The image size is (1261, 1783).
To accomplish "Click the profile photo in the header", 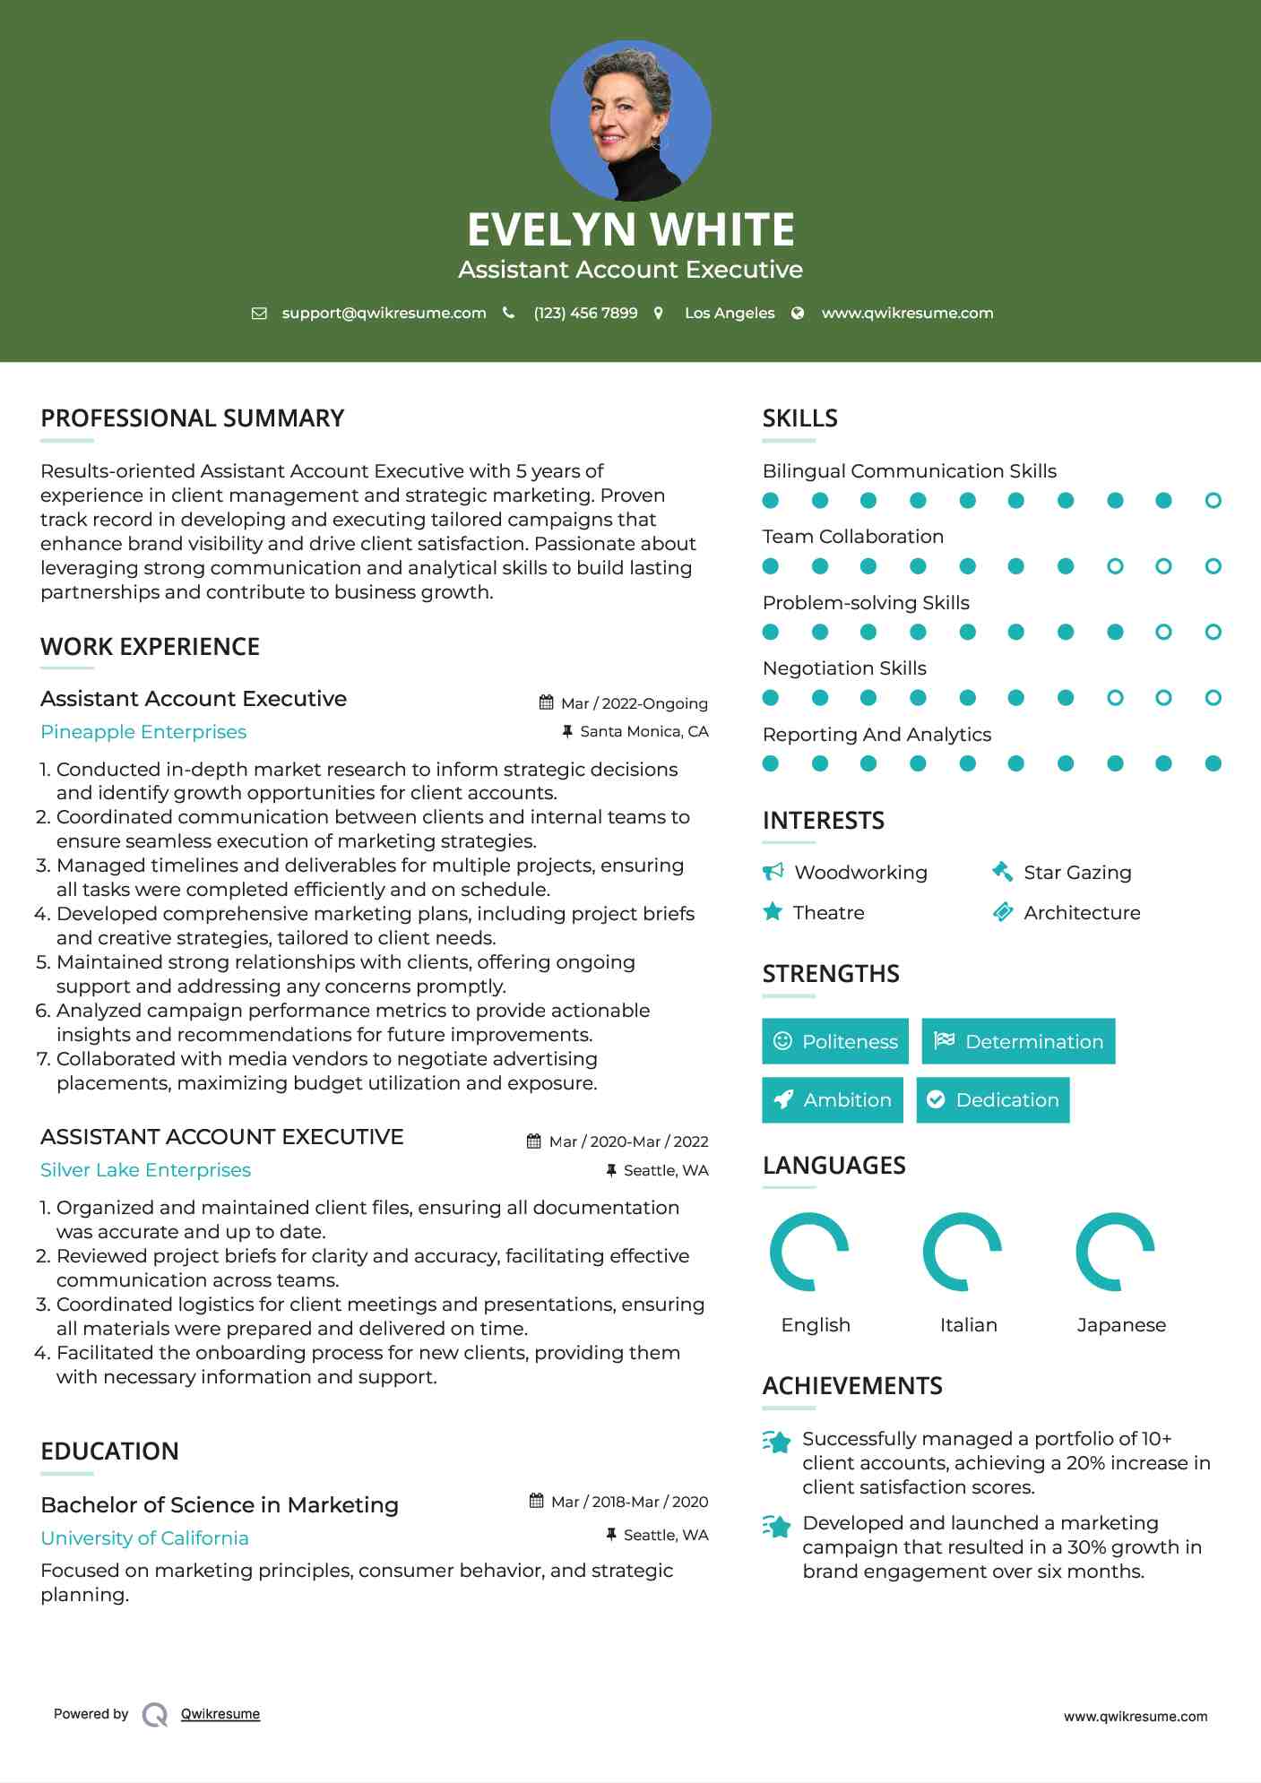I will point(630,120).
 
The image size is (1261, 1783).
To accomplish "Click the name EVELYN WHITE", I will point(630,229).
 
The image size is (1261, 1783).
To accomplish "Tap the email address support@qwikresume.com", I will point(384,313).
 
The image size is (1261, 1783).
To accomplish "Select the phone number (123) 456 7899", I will point(585,313).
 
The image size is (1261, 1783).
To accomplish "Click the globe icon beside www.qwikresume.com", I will point(798,313).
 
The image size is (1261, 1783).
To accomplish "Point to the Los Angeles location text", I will point(730,313).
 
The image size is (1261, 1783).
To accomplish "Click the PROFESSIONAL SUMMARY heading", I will point(193,418).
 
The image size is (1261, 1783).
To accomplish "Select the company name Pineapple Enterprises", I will point(143,732).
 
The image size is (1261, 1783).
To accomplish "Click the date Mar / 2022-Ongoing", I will point(634,703).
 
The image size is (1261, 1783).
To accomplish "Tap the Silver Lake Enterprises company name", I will point(145,1170).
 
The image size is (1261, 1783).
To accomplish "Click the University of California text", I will point(144,1538).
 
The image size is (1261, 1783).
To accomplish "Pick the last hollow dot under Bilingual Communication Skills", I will point(1213,501).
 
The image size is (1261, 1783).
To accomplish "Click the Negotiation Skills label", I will point(844,668).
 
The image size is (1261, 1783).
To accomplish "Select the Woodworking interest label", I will point(860,873).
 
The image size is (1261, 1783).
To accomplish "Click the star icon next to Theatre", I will point(772,912).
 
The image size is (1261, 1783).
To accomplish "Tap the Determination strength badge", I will point(1018,1041).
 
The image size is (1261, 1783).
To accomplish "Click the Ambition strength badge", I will point(832,1100).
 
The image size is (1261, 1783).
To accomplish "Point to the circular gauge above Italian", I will point(963,1251).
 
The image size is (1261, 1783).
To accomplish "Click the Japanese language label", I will point(1121,1325).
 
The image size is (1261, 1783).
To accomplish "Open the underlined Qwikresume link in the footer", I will point(220,1714).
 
